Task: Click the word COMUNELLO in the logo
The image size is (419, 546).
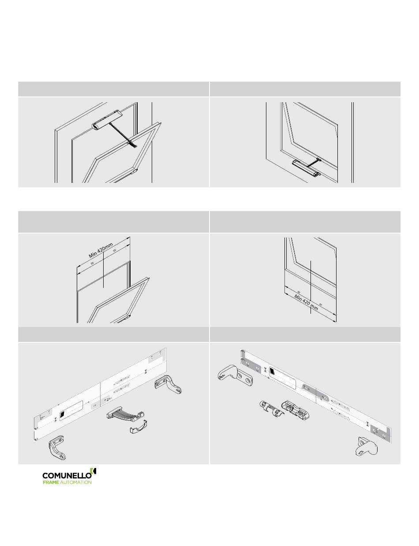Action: click(67, 475)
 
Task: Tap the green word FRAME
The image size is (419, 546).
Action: click(51, 482)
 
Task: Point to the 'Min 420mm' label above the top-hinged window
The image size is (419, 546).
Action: click(101, 250)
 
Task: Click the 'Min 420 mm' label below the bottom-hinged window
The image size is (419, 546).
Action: click(306, 302)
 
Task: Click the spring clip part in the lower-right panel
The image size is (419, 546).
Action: click(272, 409)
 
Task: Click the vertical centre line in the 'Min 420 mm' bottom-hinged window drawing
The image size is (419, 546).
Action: click(311, 287)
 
